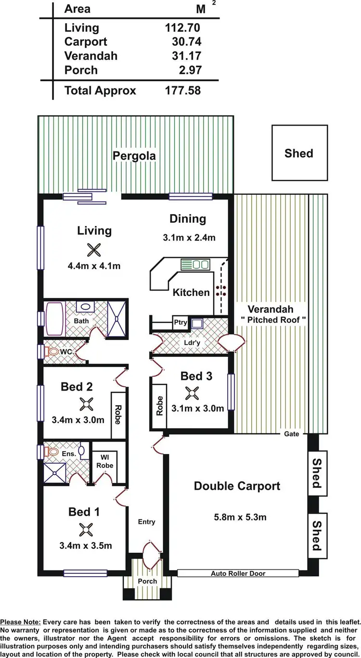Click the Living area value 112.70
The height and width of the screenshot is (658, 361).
tap(182, 28)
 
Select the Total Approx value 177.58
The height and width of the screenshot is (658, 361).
tap(182, 90)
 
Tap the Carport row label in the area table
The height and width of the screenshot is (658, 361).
tap(86, 42)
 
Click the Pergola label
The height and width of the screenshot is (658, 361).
tap(134, 156)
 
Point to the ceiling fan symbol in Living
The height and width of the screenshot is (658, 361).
tap(94, 249)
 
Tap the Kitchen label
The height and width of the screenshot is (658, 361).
tap(191, 292)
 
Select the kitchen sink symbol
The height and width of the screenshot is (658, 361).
tap(195, 264)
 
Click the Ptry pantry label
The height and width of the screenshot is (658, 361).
tap(180, 323)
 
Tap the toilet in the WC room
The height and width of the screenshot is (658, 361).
tap(52, 352)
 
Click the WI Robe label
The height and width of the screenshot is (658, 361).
tap(104, 461)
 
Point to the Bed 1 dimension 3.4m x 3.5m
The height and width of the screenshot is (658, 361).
tap(86, 545)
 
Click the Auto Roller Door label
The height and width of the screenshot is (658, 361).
tap(238, 573)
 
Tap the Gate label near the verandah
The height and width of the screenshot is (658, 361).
tap(291, 434)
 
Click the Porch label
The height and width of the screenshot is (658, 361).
tap(147, 581)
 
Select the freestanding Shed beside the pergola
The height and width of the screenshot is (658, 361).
tap(298, 153)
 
